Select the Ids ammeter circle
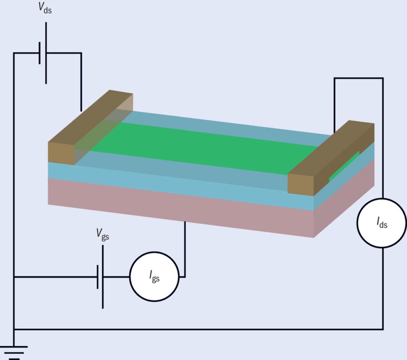click(382, 223)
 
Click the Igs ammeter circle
click(154, 276)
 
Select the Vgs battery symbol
click(100, 276)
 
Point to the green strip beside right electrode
click(344, 166)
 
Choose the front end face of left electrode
click(61, 152)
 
